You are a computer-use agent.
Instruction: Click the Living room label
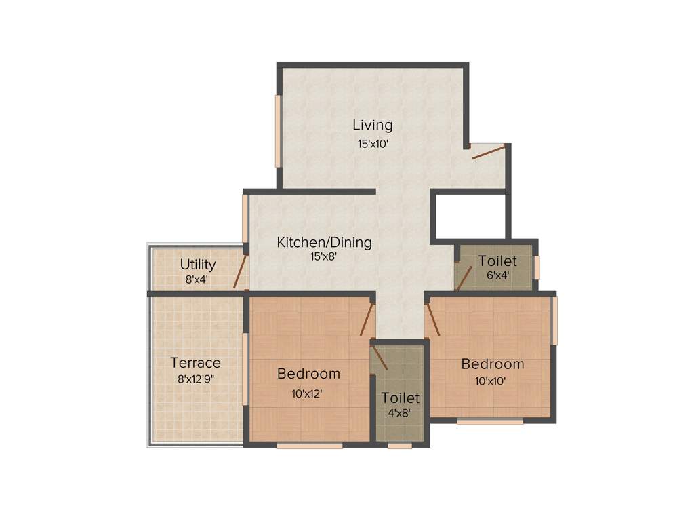coord(372,126)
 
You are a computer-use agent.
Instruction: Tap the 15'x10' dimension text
coord(372,144)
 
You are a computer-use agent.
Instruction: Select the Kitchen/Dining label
coord(324,242)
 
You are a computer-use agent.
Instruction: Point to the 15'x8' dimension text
coord(324,256)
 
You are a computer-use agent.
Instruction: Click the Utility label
coord(198,265)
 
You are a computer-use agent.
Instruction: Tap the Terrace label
coord(195,362)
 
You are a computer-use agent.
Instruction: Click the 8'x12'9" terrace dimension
coord(195,379)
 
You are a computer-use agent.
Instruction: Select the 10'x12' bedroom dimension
coord(308,392)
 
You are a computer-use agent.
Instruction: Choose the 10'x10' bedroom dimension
coord(492,381)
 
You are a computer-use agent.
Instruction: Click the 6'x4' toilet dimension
coord(497,275)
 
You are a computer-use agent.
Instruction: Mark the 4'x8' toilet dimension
coord(400,412)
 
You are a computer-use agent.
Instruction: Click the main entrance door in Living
coord(489,152)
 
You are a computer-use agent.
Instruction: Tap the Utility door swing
coord(239,271)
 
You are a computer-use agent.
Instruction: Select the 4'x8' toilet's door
coord(380,357)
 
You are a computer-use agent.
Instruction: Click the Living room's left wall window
coord(278,131)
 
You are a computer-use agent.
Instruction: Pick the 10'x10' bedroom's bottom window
coord(490,422)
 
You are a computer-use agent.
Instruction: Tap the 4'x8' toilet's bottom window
coord(400,446)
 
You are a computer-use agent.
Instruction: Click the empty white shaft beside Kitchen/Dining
coord(468,216)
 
